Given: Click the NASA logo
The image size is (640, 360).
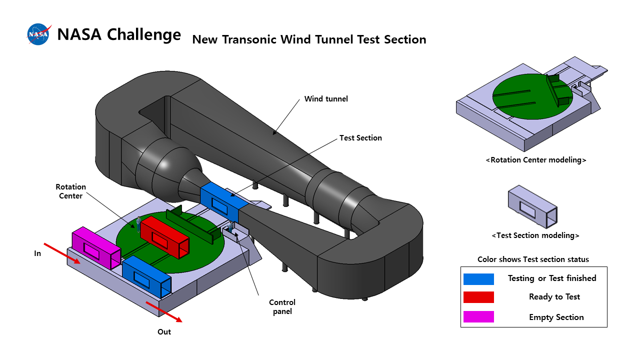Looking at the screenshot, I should coord(38,34).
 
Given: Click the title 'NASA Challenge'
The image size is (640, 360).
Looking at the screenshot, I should coord(119,34).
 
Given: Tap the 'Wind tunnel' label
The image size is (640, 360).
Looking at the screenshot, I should coord(326,99).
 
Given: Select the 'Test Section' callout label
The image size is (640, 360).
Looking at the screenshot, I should coord(360,138).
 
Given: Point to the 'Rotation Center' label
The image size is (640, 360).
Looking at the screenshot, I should coord(70,191).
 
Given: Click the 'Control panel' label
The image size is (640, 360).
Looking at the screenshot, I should coord(282,306).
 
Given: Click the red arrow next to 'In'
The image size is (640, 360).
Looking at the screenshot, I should coord(61,253).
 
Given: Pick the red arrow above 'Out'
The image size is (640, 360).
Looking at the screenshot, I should coord(163,311).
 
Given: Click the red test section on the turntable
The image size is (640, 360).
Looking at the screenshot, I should coord(164,237).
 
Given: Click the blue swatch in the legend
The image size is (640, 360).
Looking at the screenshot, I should coord(478,279).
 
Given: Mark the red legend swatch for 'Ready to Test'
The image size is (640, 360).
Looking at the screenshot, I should coord(478,297).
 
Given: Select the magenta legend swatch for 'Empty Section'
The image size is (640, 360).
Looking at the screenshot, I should coord(478,317).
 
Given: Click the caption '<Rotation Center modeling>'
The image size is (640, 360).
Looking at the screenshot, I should coord(535,160).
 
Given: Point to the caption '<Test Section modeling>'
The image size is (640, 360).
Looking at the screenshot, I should coord(535,235).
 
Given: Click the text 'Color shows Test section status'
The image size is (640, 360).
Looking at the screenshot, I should coord(533,259).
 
